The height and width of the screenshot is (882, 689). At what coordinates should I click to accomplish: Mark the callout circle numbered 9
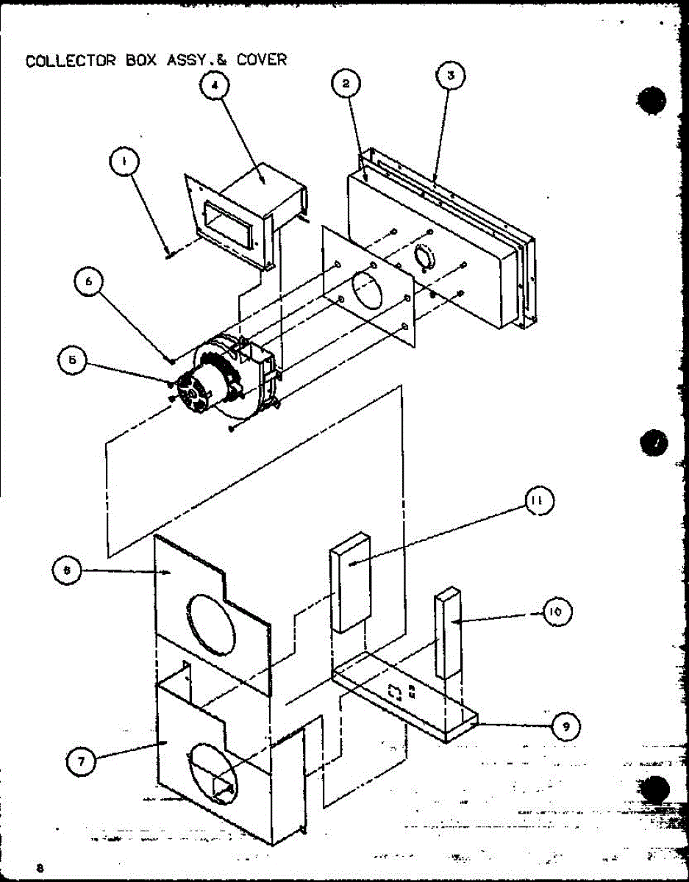tap(564, 727)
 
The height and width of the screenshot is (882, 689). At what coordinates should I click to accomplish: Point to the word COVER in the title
tap(262, 60)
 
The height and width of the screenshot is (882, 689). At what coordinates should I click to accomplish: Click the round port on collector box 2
tap(426, 258)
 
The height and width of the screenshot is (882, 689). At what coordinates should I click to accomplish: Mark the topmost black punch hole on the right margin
tap(651, 101)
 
